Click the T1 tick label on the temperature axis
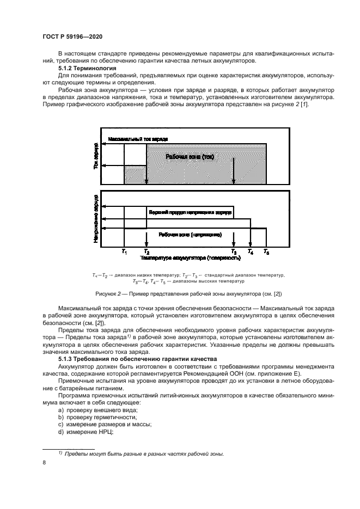[x=124, y=252]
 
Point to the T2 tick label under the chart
[x=145, y=252]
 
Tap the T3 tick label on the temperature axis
[x=234, y=252]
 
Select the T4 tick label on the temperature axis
[x=251, y=252]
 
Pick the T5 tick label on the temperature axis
[x=266, y=252]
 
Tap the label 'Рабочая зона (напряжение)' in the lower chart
[x=190, y=235]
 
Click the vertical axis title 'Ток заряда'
[x=96, y=156]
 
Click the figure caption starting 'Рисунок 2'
[x=188, y=294]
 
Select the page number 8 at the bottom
[x=44, y=462]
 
